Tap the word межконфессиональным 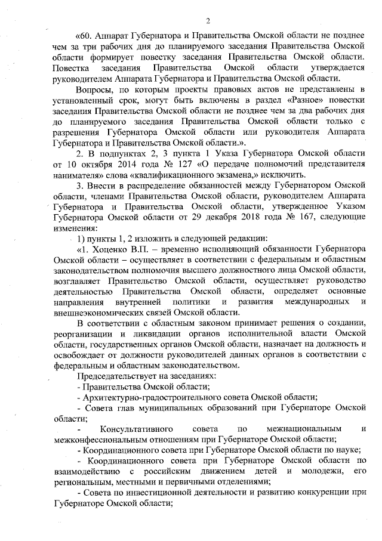pos(99,441)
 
